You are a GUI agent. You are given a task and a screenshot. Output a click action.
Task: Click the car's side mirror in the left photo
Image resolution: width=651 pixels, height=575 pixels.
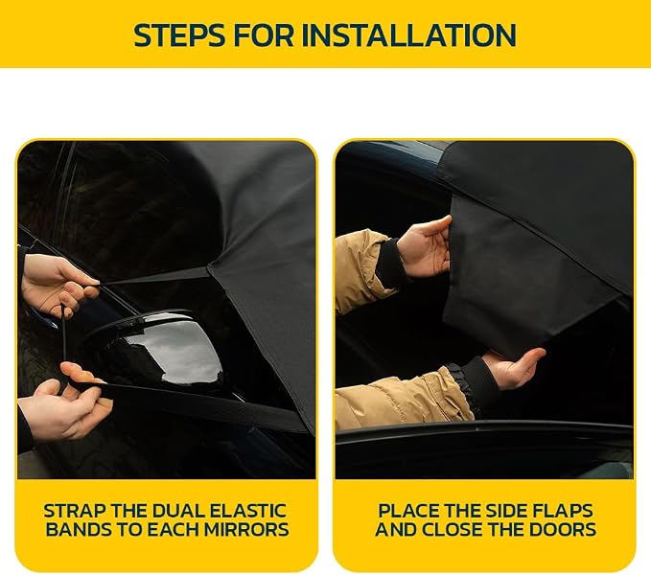click(x=158, y=349)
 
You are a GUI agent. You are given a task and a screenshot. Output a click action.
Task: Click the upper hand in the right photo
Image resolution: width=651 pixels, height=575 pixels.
click(x=425, y=248)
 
